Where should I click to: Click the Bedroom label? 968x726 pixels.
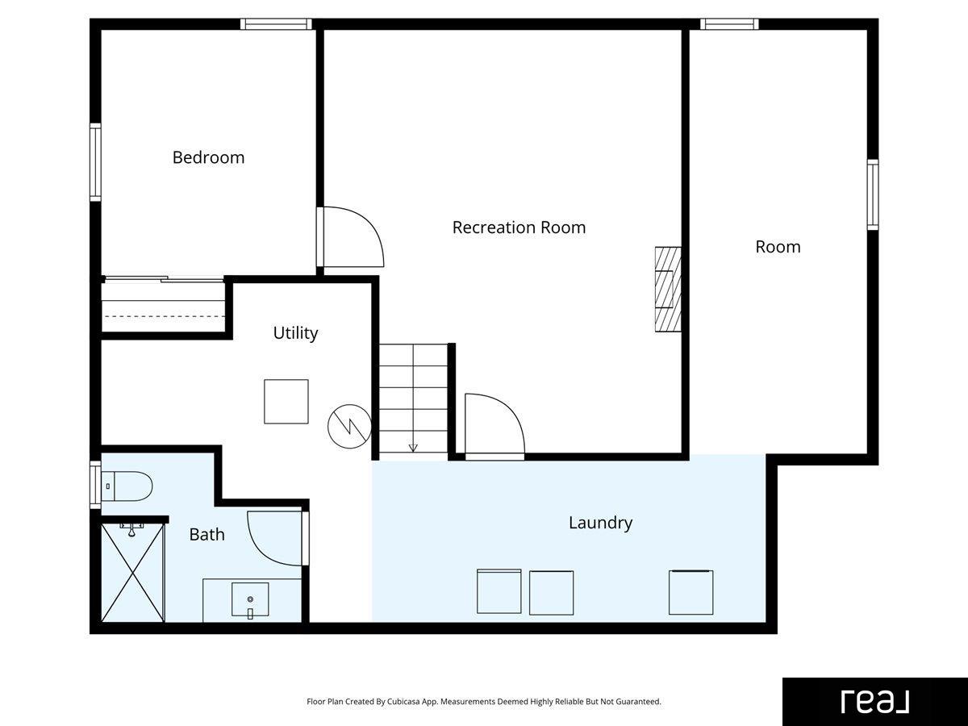point(208,157)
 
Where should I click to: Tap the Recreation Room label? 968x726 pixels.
point(519,227)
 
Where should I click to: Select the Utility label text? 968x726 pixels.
point(295,333)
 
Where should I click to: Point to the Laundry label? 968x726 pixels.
point(600,523)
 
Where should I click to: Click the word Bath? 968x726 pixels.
point(207,535)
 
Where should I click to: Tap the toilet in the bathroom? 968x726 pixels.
point(127,486)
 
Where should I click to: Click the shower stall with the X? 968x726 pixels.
point(133,573)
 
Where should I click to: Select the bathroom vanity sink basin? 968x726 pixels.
point(250,599)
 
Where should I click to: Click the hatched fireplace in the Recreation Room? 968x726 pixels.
point(668,289)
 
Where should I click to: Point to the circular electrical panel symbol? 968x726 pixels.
point(349,426)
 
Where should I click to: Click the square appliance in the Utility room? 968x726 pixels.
point(286,402)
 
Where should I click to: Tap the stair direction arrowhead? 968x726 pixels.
point(413,448)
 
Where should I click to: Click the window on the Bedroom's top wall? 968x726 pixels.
point(276,24)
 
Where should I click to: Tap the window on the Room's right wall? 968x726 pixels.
point(873,194)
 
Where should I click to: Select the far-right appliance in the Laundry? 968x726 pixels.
point(691,592)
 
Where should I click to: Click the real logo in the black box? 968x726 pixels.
point(875,701)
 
